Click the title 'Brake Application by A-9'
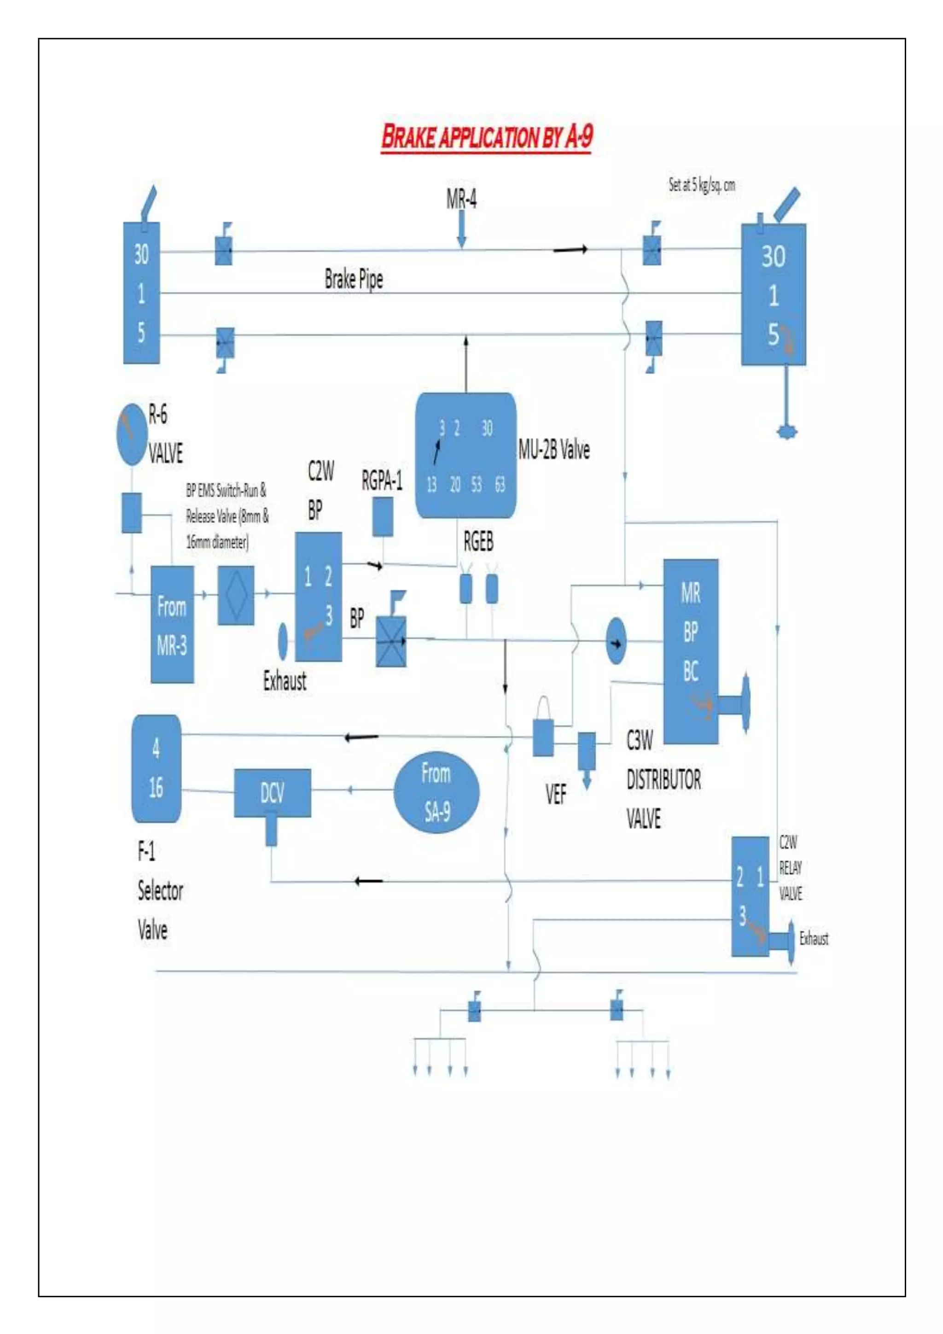coord(487,137)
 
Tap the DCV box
coord(272,792)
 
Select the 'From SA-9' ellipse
coord(437,792)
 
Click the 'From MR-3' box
coord(172,625)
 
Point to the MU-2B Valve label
coord(554,450)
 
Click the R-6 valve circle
coord(131,434)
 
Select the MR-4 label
coord(462,199)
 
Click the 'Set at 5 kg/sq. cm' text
coord(701,185)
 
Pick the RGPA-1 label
coord(382,481)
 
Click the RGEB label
coord(478,542)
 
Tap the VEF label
coord(556,794)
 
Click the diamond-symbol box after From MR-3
coord(236,595)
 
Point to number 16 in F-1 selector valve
coord(156,788)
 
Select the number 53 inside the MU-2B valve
coord(477,485)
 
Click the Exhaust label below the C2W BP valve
coord(285,681)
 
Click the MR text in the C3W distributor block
coord(690,593)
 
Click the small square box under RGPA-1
coord(383,516)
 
